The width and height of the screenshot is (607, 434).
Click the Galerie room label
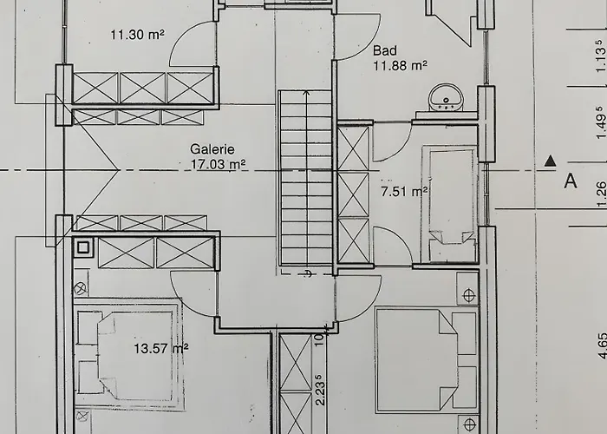(x=212, y=149)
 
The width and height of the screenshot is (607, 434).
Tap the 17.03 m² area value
(x=218, y=164)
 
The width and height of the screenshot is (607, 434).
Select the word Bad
(x=385, y=50)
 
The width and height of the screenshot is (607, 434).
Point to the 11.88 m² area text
(x=401, y=65)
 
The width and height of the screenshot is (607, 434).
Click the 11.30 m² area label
(x=137, y=35)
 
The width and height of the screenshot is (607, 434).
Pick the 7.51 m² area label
(x=404, y=192)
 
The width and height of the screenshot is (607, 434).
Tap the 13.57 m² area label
(x=161, y=349)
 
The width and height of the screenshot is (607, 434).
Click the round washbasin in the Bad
(x=446, y=97)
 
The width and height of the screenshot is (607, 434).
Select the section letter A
(x=571, y=181)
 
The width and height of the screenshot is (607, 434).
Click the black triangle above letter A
(x=550, y=161)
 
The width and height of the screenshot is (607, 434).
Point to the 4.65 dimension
(x=601, y=346)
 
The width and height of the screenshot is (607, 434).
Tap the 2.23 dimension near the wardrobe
(x=320, y=390)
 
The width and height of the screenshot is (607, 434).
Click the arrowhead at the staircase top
(x=307, y=93)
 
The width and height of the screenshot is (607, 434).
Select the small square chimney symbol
(x=83, y=247)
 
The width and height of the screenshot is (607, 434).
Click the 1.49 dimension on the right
(x=600, y=122)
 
